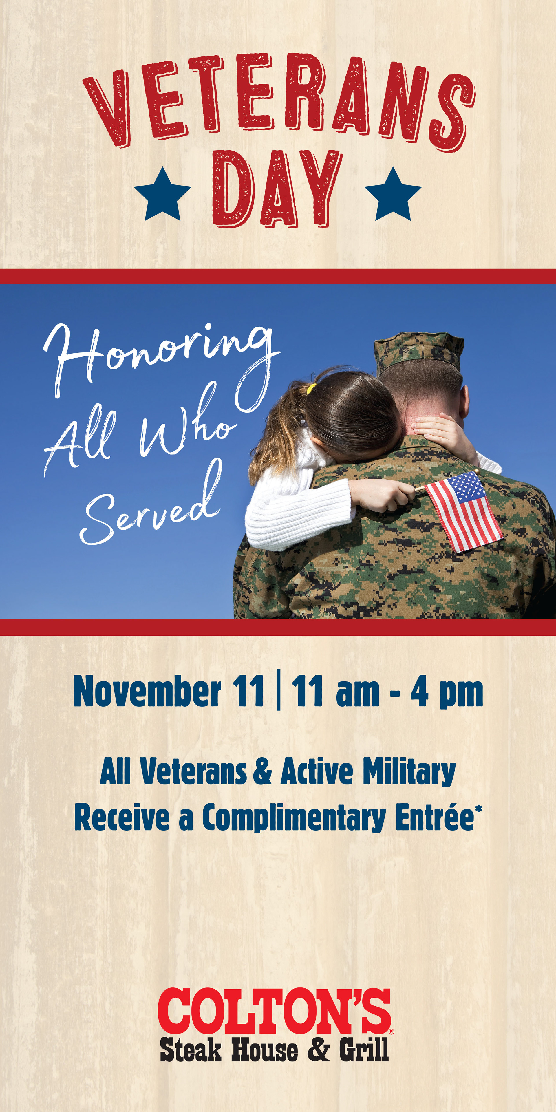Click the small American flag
pyautogui.click(x=464, y=511)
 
